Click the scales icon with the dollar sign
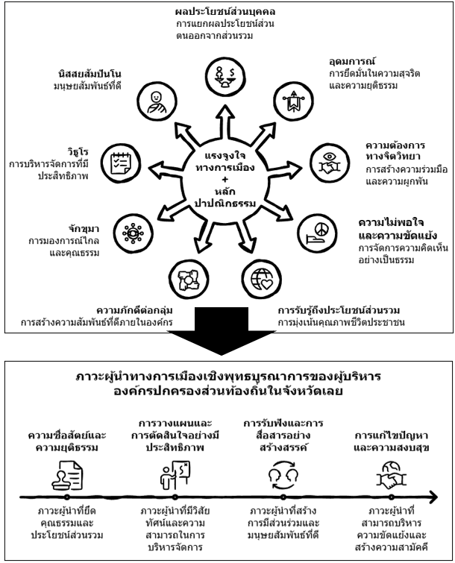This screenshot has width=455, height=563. (x=225, y=77)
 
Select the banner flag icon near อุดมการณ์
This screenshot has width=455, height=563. (x=293, y=101)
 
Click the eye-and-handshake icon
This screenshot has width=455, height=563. (x=330, y=163)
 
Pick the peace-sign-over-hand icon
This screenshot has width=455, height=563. (x=318, y=233)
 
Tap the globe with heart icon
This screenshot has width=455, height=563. (x=261, y=279)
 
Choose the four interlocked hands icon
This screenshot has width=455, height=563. (x=189, y=279)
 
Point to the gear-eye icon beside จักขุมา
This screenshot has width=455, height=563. (x=134, y=233)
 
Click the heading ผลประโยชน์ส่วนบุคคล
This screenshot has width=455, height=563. (x=225, y=12)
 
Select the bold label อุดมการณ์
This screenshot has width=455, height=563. (x=352, y=61)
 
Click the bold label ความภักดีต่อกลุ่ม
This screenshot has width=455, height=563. (x=135, y=310)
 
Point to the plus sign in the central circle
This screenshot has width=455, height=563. (x=225, y=179)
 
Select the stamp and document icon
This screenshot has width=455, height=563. (x=67, y=476)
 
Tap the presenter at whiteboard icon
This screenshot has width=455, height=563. (x=175, y=476)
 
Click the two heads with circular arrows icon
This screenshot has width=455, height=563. (x=283, y=476)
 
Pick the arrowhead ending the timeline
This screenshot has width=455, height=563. (x=434, y=497)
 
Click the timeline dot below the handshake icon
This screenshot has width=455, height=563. (x=391, y=497)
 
